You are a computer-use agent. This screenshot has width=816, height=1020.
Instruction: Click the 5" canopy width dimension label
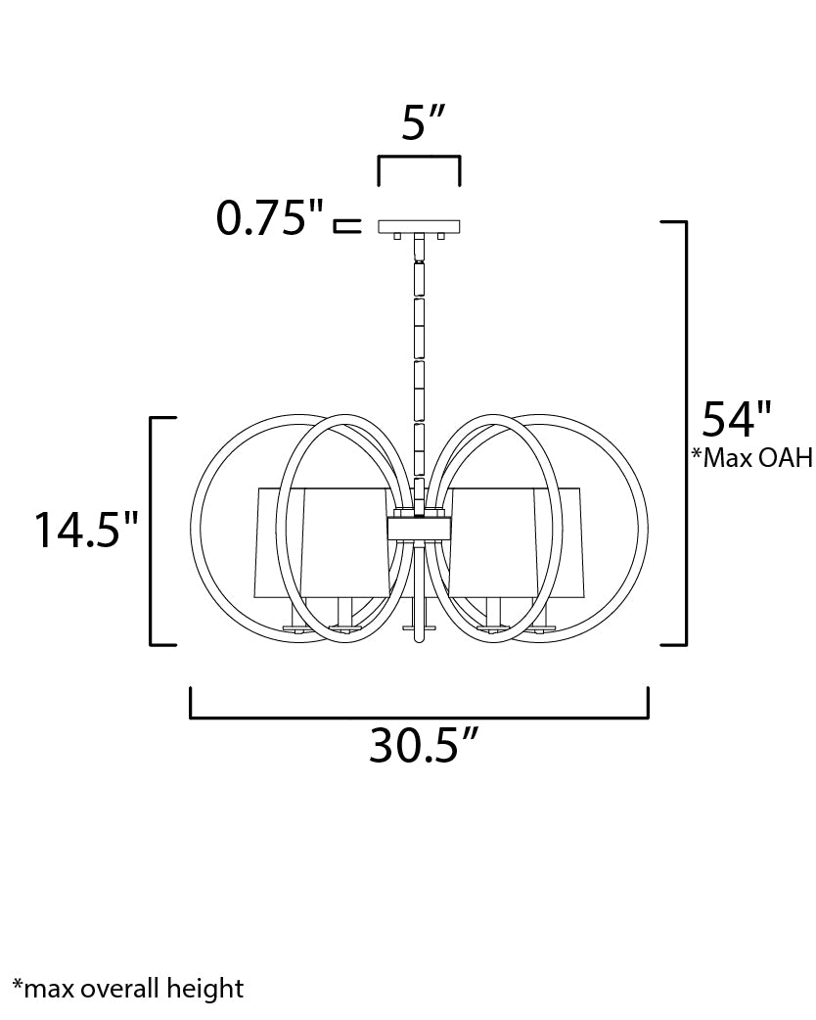coord(423,121)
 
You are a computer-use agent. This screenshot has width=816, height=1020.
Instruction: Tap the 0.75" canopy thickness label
coord(269,217)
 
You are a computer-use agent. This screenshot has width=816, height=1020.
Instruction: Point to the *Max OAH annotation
coord(751,457)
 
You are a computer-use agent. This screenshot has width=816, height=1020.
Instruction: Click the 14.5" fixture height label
coord(86,531)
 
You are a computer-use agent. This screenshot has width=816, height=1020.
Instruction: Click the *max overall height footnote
coord(127,988)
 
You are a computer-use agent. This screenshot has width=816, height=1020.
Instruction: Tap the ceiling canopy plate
coord(420,226)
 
